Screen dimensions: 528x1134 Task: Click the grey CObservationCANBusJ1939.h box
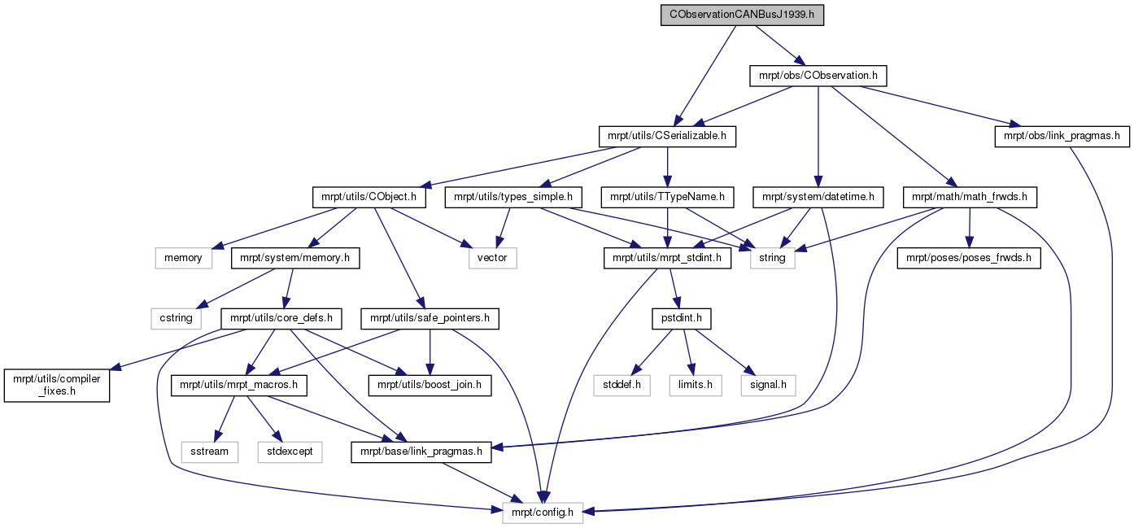point(742,15)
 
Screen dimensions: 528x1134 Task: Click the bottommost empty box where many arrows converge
point(543,513)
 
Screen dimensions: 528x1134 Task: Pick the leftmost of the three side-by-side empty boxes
point(622,386)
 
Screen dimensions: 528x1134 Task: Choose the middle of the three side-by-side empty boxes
point(696,386)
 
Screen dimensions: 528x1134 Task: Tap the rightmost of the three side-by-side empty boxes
point(768,386)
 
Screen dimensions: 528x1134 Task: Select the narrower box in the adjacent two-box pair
point(209,452)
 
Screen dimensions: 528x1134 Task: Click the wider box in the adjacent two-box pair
point(290,452)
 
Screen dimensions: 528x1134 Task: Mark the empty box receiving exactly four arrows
point(772,258)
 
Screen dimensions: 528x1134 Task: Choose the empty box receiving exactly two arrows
point(493,258)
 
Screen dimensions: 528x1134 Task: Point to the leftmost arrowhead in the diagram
point(115,369)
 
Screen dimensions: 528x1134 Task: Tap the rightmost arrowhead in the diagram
point(1014,124)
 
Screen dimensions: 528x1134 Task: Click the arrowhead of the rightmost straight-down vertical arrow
point(968,242)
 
